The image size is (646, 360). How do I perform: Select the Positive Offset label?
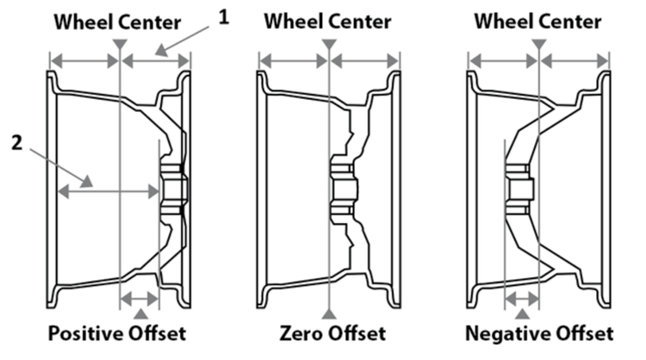point(116,333)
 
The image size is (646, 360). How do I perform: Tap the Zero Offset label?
point(330,333)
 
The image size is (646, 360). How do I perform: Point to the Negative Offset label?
point(538,333)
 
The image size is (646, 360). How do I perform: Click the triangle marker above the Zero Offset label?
point(329,310)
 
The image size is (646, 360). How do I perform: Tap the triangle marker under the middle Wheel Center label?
point(329,42)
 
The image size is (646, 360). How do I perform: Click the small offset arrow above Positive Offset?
point(139,299)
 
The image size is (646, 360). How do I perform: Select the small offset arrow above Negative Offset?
point(522,299)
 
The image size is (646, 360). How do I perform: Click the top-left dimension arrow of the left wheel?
point(84,60)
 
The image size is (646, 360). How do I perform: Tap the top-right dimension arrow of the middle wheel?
point(365,60)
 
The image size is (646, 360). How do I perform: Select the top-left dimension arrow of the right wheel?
point(502,60)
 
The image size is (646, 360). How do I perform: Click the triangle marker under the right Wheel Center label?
point(538,42)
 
